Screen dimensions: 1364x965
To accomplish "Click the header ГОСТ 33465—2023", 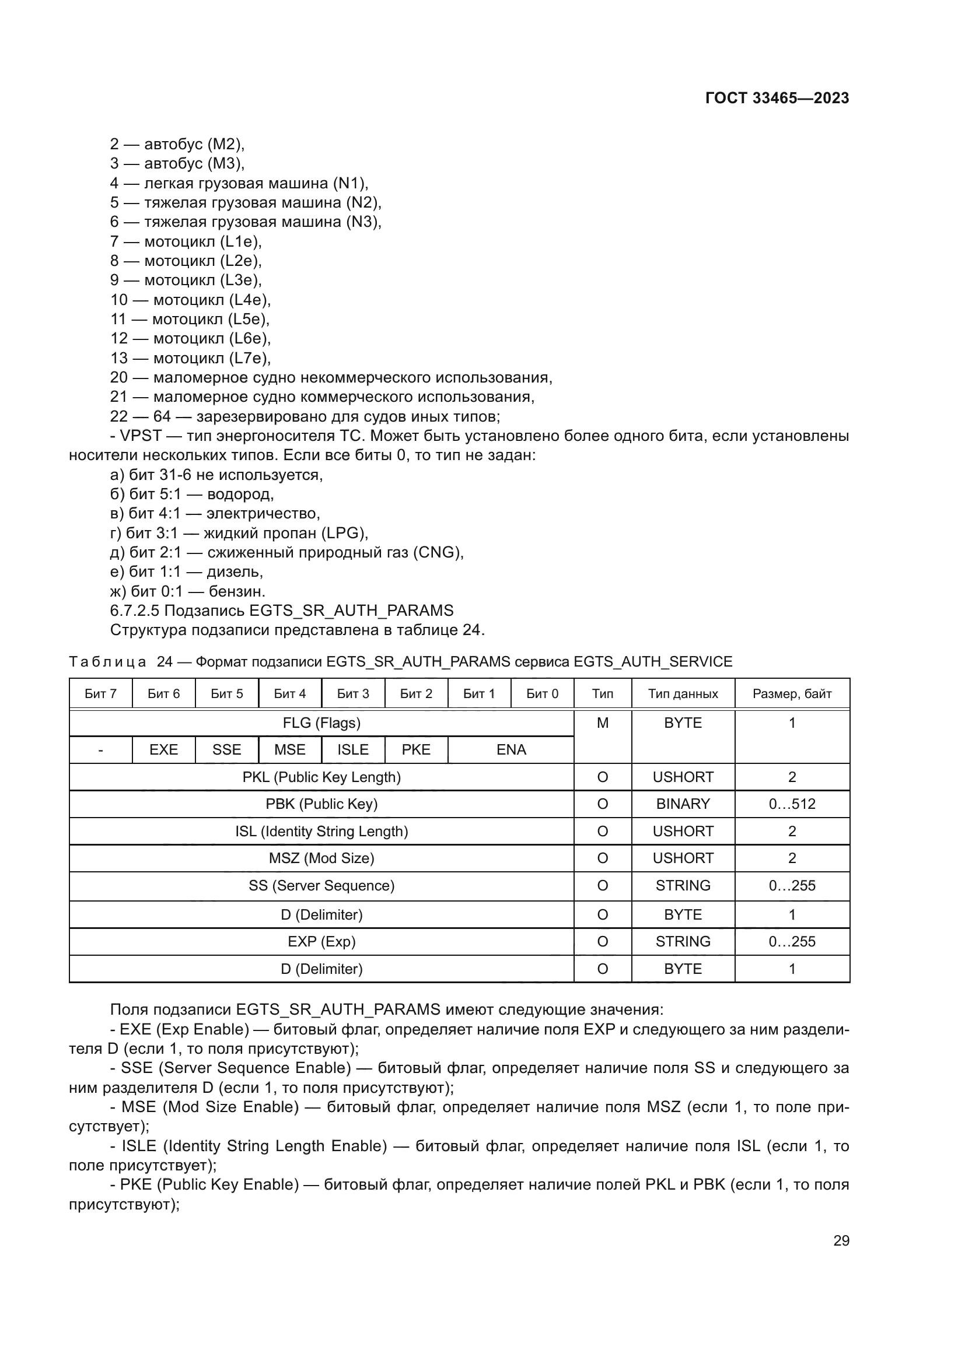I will click(777, 98).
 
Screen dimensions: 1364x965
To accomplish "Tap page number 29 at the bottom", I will click(841, 1240).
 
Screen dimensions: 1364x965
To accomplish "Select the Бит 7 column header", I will click(100, 693).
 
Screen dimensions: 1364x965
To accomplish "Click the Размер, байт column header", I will click(792, 693).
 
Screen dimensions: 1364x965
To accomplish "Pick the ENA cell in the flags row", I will click(511, 750).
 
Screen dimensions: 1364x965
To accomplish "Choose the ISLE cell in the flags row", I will click(353, 750).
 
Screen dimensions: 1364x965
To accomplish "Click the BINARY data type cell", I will click(683, 804).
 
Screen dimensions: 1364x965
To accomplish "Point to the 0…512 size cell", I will click(792, 804).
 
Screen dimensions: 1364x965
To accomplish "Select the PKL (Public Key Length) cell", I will click(321, 777).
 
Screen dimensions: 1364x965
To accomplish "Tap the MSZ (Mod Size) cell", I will click(321, 858).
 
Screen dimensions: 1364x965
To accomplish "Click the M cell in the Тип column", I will click(603, 723).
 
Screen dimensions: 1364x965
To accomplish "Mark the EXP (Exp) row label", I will click(321, 941).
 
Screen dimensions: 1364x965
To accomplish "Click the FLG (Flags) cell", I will click(321, 723).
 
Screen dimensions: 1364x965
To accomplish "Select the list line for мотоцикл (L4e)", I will click(190, 299).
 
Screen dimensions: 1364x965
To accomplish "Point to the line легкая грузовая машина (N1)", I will click(239, 183).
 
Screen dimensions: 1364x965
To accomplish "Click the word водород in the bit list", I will click(240, 495).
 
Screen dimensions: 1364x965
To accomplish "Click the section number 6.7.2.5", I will click(135, 611).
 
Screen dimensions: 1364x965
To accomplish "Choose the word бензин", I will click(236, 591).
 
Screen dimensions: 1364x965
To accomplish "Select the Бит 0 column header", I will click(542, 693).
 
